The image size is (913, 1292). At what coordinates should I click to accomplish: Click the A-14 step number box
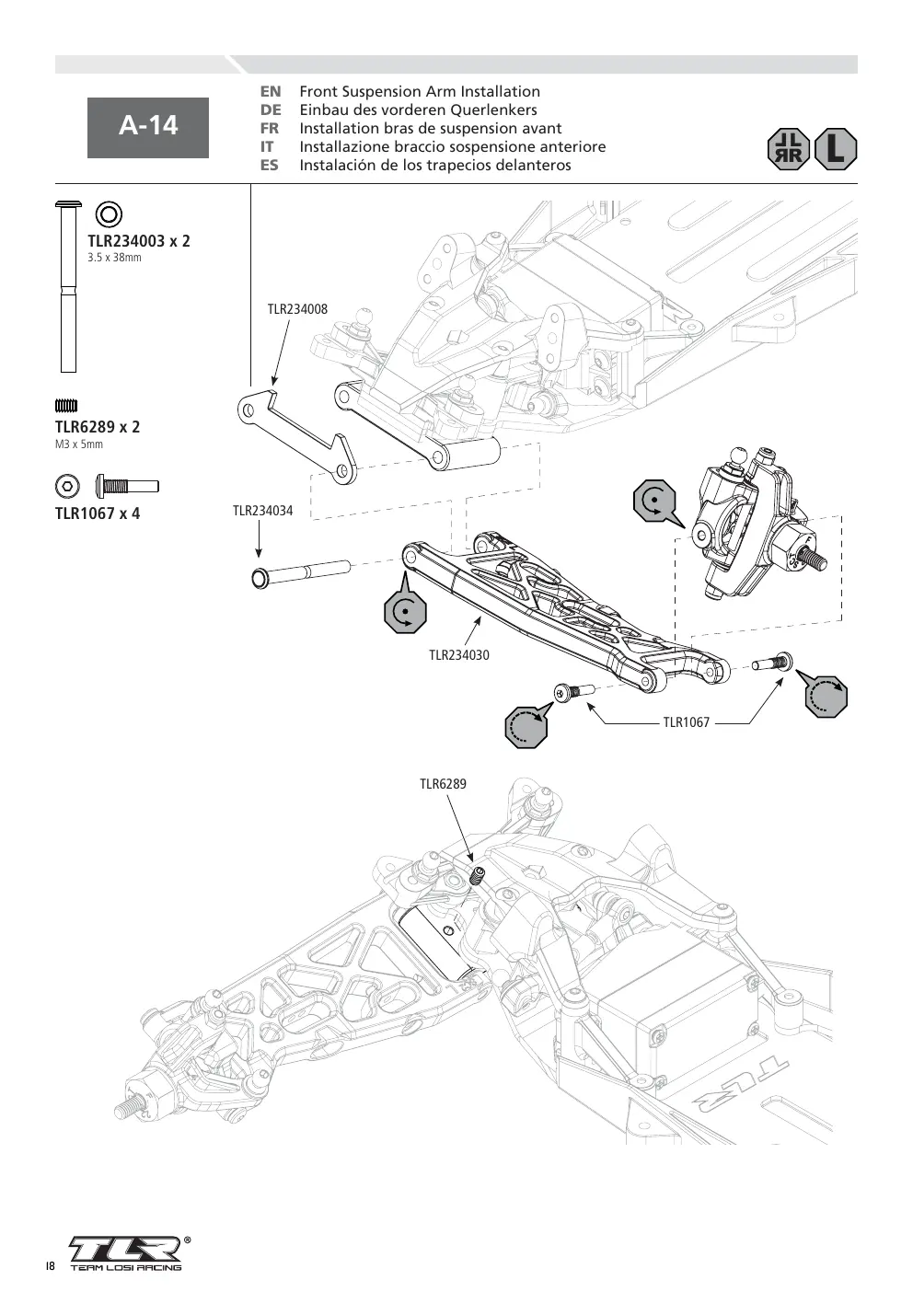pyautogui.click(x=147, y=128)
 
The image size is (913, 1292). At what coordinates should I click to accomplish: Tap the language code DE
pyautogui.click(x=271, y=110)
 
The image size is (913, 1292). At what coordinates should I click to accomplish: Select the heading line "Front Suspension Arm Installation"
pyautogui.click(x=420, y=91)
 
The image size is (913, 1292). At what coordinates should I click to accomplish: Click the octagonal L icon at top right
pyautogui.click(x=837, y=149)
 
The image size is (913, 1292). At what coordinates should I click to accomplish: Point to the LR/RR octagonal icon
pyautogui.click(x=789, y=149)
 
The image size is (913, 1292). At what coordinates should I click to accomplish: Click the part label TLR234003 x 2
pyautogui.click(x=138, y=240)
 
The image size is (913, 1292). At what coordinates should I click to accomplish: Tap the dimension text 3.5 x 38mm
pyautogui.click(x=114, y=258)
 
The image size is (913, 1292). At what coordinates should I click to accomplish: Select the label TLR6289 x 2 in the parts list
pyautogui.click(x=98, y=427)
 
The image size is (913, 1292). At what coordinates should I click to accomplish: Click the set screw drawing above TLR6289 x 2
pyautogui.click(x=66, y=406)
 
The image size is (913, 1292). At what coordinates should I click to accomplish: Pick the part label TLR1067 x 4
pyautogui.click(x=98, y=513)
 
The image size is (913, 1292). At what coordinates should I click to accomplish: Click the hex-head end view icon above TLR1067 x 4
pyautogui.click(x=67, y=486)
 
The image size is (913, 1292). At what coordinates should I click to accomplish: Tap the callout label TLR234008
pyautogui.click(x=297, y=309)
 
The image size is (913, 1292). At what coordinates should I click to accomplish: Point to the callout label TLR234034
pyautogui.click(x=262, y=511)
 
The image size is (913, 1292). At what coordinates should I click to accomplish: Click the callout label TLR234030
pyautogui.click(x=459, y=655)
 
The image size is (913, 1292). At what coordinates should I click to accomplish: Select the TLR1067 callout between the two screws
pyautogui.click(x=687, y=722)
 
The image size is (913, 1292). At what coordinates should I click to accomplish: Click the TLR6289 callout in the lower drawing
pyautogui.click(x=443, y=784)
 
